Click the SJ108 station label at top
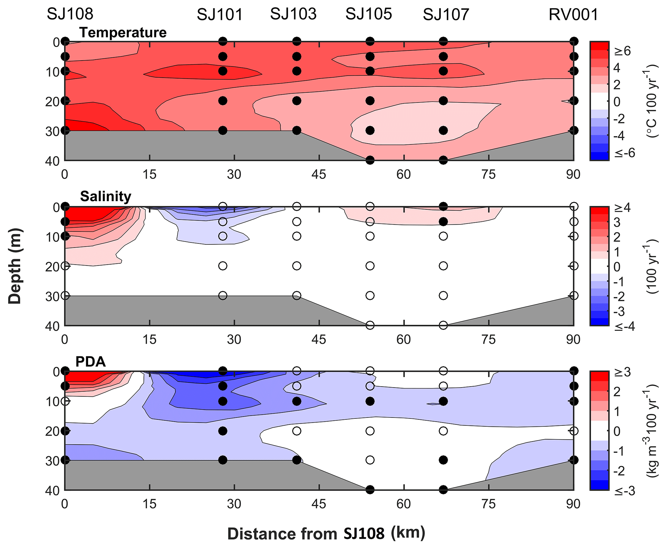(x=70, y=14)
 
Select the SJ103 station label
(x=293, y=14)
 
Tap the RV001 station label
(x=573, y=15)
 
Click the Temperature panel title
(x=123, y=33)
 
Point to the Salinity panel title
(x=105, y=196)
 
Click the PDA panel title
(x=91, y=362)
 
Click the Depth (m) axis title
(x=15, y=266)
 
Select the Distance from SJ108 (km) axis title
(x=326, y=534)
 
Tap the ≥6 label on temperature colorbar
(x=622, y=51)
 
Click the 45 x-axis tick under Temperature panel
(x=319, y=174)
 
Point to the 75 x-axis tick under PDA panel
(x=488, y=504)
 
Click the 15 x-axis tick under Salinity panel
(x=149, y=339)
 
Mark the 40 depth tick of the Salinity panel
(x=53, y=326)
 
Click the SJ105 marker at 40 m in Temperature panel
(x=370, y=160)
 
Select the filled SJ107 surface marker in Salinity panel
(x=443, y=206)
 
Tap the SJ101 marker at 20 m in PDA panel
(x=223, y=431)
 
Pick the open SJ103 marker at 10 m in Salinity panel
(x=297, y=236)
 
